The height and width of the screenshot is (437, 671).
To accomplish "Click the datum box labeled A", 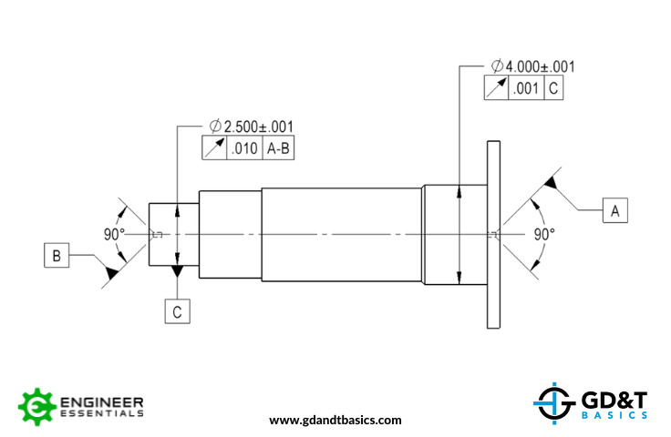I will [x=614, y=210].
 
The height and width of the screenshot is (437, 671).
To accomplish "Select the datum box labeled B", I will [x=57, y=256].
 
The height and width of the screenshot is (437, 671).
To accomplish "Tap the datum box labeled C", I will [x=178, y=311].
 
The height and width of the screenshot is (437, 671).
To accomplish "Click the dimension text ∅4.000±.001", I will [x=532, y=66].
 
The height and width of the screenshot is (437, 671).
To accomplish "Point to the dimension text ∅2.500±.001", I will [x=251, y=127].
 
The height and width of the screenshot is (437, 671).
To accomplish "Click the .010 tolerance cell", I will [x=243, y=149].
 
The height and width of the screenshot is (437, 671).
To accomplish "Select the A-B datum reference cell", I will [x=278, y=149].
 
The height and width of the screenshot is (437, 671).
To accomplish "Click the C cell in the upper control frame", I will [x=554, y=88].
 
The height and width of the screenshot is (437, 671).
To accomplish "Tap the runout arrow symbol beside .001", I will [x=495, y=88].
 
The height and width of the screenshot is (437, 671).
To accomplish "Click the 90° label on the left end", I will [x=113, y=234].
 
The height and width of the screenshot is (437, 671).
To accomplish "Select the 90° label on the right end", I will [x=544, y=234].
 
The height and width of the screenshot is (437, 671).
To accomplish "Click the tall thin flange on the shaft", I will [x=494, y=234].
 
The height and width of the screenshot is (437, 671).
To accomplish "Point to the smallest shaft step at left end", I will [x=163, y=234].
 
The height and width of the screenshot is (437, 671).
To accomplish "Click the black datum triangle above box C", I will [x=178, y=272].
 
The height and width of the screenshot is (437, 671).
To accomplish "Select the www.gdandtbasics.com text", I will [x=335, y=421].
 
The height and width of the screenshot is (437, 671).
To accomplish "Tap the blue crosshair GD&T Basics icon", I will [x=552, y=401].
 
